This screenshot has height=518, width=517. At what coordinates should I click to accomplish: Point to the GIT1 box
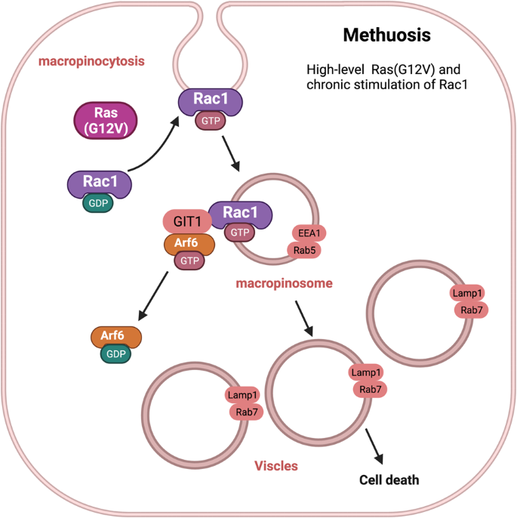(183, 222)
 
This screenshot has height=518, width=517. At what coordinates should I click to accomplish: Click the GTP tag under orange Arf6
(189, 261)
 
